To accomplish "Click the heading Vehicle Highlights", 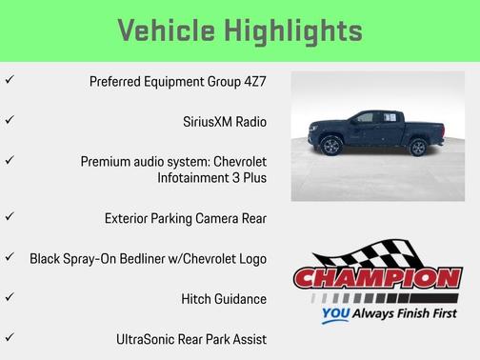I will pos(239,30).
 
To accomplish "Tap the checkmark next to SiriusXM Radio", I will pos(9,121).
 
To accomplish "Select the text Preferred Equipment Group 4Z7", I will pos(178,81).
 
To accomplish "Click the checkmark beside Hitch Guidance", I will pos(9,297).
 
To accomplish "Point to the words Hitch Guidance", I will pos(223,298).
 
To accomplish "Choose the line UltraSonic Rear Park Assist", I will pos(190,338).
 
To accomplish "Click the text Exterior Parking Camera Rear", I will pos(186,218).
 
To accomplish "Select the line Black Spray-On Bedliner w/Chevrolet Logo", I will pos(148,258).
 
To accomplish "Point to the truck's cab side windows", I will pos(370,118).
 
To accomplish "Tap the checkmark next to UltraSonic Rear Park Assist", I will pos(9,337).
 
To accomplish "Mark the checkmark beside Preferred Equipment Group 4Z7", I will pos(9,81).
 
